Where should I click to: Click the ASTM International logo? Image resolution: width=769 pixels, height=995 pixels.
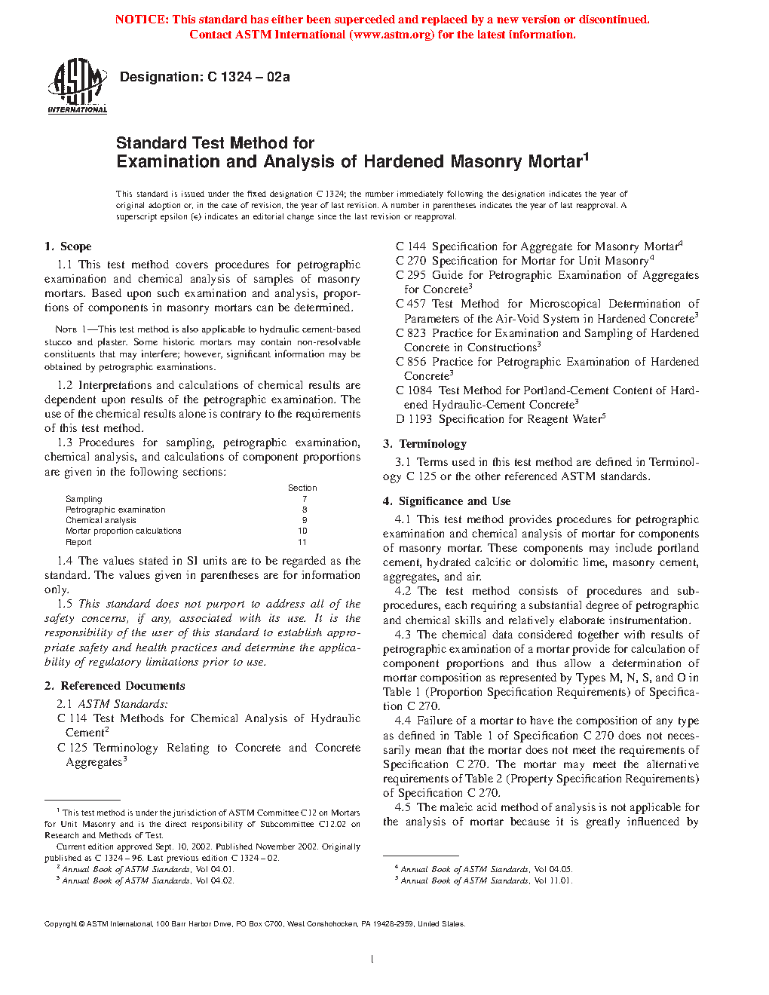pyautogui.click(x=77, y=85)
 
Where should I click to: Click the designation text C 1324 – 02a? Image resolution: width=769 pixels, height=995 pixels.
pyautogui.click(x=204, y=77)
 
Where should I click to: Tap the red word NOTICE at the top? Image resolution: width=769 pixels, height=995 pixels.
pyautogui.click(x=142, y=20)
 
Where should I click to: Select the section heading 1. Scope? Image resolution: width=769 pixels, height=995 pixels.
pyautogui.click(x=68, y=246)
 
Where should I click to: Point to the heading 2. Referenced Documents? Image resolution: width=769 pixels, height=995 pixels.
pyautogui.click(x=115, y=686)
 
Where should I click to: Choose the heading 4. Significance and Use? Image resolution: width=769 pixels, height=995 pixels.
pyautogui.click(x=446, y=501)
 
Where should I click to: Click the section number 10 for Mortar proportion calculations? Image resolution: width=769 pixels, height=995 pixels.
pyautogui.click(x=302, y=531)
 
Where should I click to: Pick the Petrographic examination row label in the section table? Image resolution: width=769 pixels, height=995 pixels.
pyautogui.click(x=115, y=510)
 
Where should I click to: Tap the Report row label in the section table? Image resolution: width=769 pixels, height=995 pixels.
pyautogui.click(x=78, y=542)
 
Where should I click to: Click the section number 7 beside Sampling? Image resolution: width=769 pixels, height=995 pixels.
pyautogui.click(x=305, y=499)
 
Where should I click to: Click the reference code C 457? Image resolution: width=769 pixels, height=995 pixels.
pyautogui.click(x=411, y=304)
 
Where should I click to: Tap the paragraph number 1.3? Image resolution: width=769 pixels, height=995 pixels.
pyautogui.click(x=65, y=442)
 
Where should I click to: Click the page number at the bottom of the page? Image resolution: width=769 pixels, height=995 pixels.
pyautogui.click(x=372, y=959)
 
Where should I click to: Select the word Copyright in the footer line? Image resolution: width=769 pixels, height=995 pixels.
pyautogui.click(x=60, y=924)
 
